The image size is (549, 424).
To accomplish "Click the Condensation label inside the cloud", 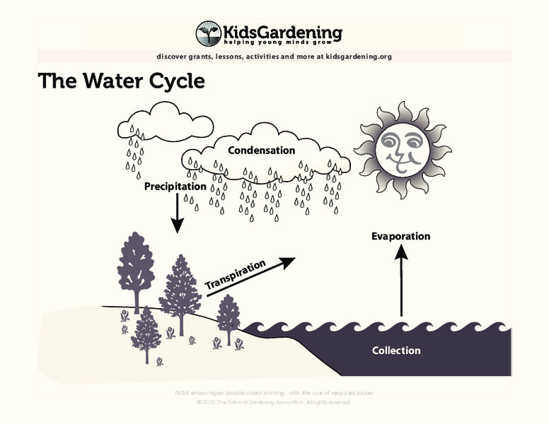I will click(261, 151).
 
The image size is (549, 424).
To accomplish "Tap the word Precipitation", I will click(175, 187).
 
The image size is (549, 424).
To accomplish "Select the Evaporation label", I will click(400, 236).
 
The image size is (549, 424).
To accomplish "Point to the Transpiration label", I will click(235, 275).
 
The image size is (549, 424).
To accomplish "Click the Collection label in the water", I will click(396, 351).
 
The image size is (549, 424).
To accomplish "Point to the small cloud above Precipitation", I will click(165, 123).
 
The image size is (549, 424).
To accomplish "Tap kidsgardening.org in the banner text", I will click(359, 57).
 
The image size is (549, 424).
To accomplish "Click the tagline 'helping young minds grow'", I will click(283, 43).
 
